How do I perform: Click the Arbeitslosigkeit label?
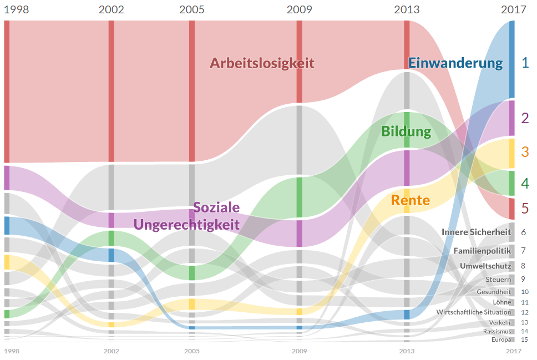click(x=262, y=63)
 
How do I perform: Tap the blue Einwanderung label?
click(x=455, y=63)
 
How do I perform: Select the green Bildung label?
click(x=406, y=131)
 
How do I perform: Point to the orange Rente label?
click(x=411, y=200)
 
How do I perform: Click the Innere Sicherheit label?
click(x=476, y=232)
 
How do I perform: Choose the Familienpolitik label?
click(x=482, y=251)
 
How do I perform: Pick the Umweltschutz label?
click(x=485, y=266)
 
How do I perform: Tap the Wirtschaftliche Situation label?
click(x=474, y=312)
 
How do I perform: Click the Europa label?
click(x=501, y=339)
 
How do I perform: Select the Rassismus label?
click(x=497, y=331)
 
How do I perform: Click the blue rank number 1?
click(x=525, y=62)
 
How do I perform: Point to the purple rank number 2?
click(x=525, y=118)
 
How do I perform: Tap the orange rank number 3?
click(x=525, y=152)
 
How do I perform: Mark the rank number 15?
click(x=525, y=339)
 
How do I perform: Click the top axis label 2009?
click(x=300, y=9)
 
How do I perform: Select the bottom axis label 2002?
click(x=112, y=351)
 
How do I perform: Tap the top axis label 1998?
click(x=16, y=9)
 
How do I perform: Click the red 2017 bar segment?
click(x=511, y=209)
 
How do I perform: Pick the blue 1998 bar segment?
click(x=7, y=226)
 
